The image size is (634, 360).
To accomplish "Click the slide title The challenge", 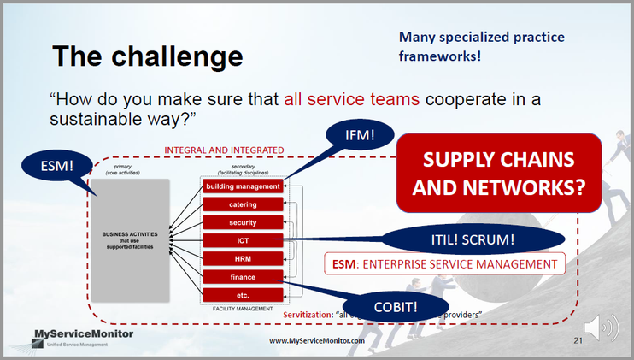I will pos(147,56).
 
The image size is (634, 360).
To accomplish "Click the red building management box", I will pos(243,186).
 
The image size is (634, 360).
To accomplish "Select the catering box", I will pos(243,204).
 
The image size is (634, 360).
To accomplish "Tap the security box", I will pos(243,222).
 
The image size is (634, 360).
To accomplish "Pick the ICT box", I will pos(243,240).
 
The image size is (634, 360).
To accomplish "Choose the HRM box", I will pos(243,258).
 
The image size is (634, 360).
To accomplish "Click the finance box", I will pos(243,276).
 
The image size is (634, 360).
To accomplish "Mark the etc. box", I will pos(243,294).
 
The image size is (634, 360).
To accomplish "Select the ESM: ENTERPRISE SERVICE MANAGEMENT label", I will pos(447,264).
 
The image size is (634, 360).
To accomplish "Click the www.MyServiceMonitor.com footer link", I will pos(317,341).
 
